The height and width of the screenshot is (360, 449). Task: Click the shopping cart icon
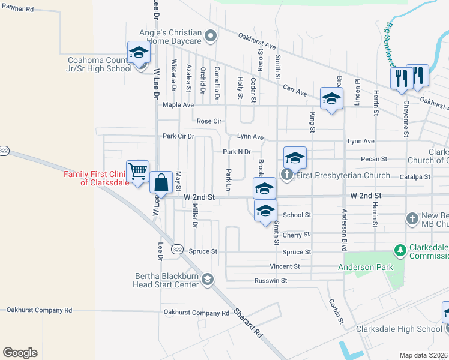tap(138, 171)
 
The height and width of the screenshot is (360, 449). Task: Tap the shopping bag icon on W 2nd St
tap(162, 182)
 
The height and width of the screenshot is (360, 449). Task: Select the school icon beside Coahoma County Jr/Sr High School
tap(139, 52)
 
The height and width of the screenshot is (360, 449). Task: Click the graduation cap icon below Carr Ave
tap(331, 98)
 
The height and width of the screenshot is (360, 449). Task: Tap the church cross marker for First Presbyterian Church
tap(287, 175)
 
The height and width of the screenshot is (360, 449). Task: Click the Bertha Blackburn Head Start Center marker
tap(208, 279)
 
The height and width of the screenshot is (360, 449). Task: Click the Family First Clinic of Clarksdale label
tap(97, 178)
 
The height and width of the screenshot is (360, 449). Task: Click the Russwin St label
tap(271, 280)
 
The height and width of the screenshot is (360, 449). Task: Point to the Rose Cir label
tap(209, 121)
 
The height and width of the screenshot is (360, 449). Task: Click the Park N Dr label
tap(237, 152)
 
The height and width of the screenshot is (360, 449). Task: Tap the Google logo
tap(20, 353)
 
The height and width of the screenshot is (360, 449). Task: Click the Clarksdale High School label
tap(399, 329)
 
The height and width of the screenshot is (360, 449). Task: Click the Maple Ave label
tap(178, 105)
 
